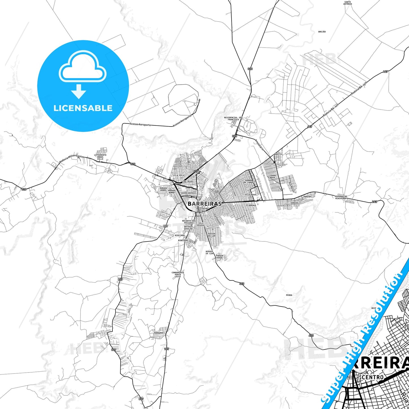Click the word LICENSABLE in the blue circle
(83, 108)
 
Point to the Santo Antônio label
(348, 3)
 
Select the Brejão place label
(322, 32)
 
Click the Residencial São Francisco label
(233, 118)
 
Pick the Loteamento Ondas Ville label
(100, 157)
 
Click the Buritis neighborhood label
(278, 154)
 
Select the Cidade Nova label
(272, 176)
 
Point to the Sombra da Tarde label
(249, 181)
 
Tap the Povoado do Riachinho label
(341, 197)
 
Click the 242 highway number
(374, 202)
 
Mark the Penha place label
(289, 295)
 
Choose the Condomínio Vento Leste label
(178, 274)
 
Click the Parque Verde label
(220, 256)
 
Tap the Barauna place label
(159, 333)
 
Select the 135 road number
(166, 349)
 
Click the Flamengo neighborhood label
(251, 205)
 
